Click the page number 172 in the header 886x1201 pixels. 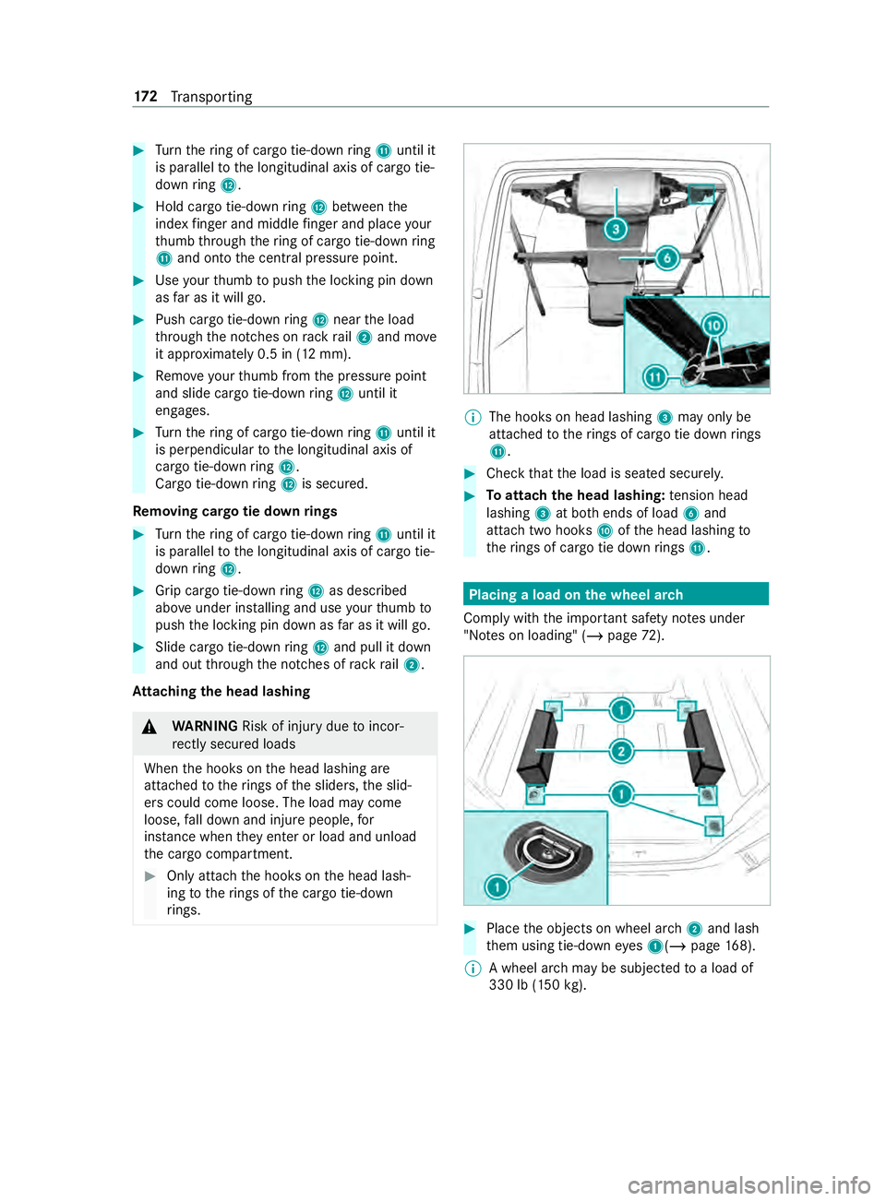[x=145, y=97]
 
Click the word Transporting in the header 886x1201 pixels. [x=211, y=97]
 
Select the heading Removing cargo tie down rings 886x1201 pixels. [x=234, y=511]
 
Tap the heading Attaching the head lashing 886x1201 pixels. [x=221, y=691]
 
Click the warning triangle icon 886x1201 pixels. [x=150, y=727]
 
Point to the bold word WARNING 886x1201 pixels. [x=205, y=726]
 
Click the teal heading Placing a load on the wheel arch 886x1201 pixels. [x=576, y=595]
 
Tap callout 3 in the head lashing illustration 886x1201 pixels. [x=616, y=229]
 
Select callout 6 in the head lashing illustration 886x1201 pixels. [x=667, y=258]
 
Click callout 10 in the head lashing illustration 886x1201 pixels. [x=713, y=326]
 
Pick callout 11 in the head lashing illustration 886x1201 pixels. [x=655, y=376]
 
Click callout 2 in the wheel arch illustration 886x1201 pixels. [x=621, y=751]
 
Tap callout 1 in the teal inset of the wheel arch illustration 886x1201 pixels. [x=497, y=886]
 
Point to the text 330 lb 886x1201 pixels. [x=509, y=985]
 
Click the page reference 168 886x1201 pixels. [x=736, y=945]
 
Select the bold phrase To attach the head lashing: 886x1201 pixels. [x=575, y=495]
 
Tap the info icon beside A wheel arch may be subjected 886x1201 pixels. [x=472, y=969]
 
